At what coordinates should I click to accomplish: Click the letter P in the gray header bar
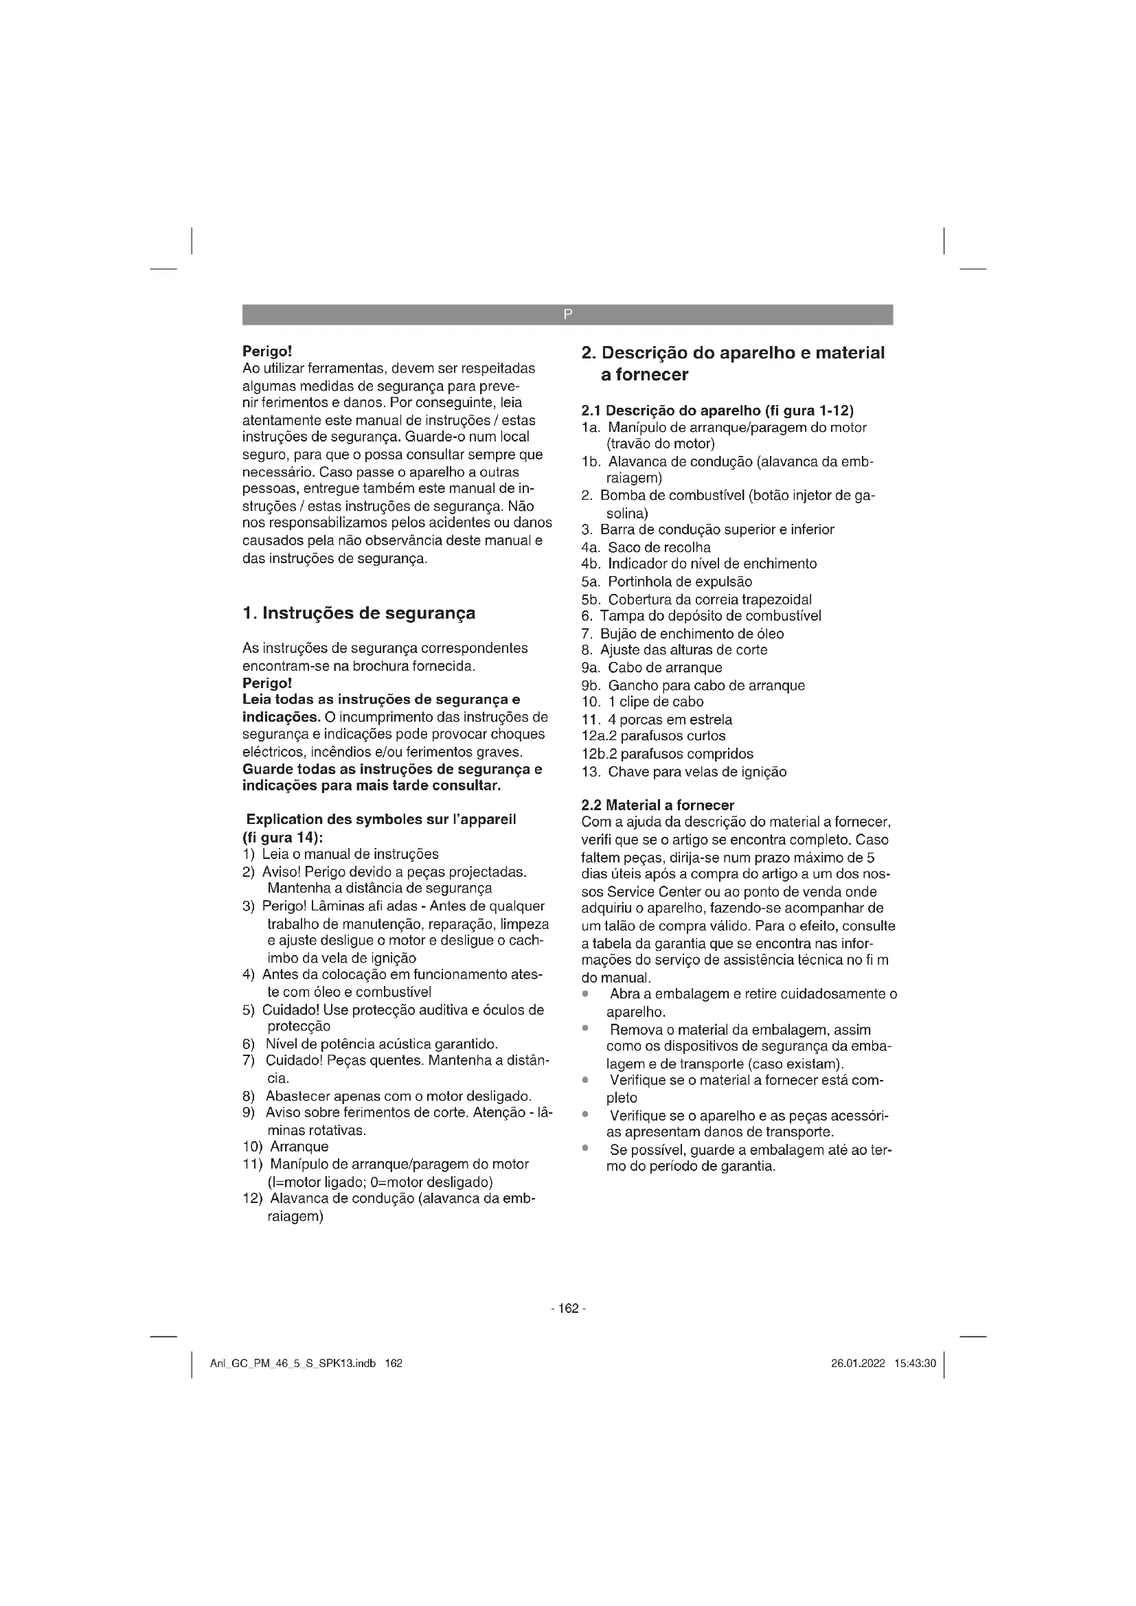pos(567,314)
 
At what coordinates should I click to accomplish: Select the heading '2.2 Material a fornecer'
pos(657,805)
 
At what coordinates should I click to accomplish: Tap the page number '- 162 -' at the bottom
pos(568,1308)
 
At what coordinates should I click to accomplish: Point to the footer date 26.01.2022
pos(858,1364)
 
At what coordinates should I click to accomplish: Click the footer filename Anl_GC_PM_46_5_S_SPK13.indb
pos(293,1364)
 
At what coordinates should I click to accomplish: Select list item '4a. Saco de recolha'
pos(646,547)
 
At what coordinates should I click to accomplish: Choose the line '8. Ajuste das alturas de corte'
pos(674,650)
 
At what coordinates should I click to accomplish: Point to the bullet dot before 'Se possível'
pos(584,1148)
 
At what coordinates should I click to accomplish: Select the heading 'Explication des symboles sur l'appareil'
pos(381,819)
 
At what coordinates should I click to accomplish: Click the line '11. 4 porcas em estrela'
pos(657,719)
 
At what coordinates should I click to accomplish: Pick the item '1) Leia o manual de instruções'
pos(341,854)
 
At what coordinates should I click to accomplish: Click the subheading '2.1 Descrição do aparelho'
pos(717,410)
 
